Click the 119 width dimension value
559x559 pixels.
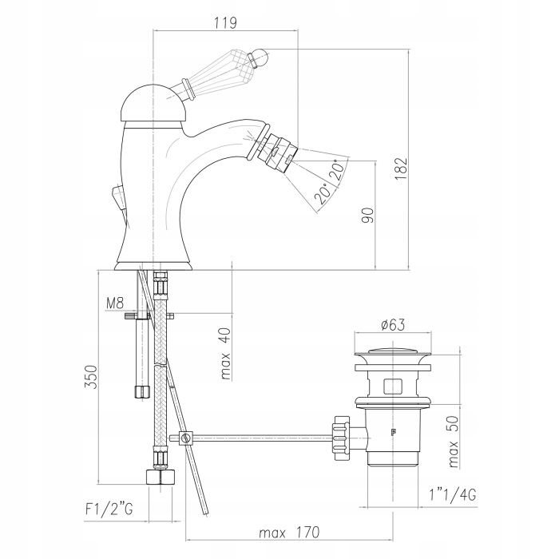pyautogui.click(x=225, y=23)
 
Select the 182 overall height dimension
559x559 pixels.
pyautogui.click(x=401, y=169)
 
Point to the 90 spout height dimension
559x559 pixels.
pyautogui.click(x=368, y=216)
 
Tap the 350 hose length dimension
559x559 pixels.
pyautogui.click(x=90, y=377)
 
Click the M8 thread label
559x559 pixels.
pyautogui.click(x=115, y=303)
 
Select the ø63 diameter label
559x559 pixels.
pyautogui.click(x=393, y=325)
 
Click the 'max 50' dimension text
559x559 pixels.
pyautogui.click(x=453, y=442)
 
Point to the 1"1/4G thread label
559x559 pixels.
pyautogui.click(x=453, y=495)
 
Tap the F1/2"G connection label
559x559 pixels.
pyautogui.click(x=109, y=509)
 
